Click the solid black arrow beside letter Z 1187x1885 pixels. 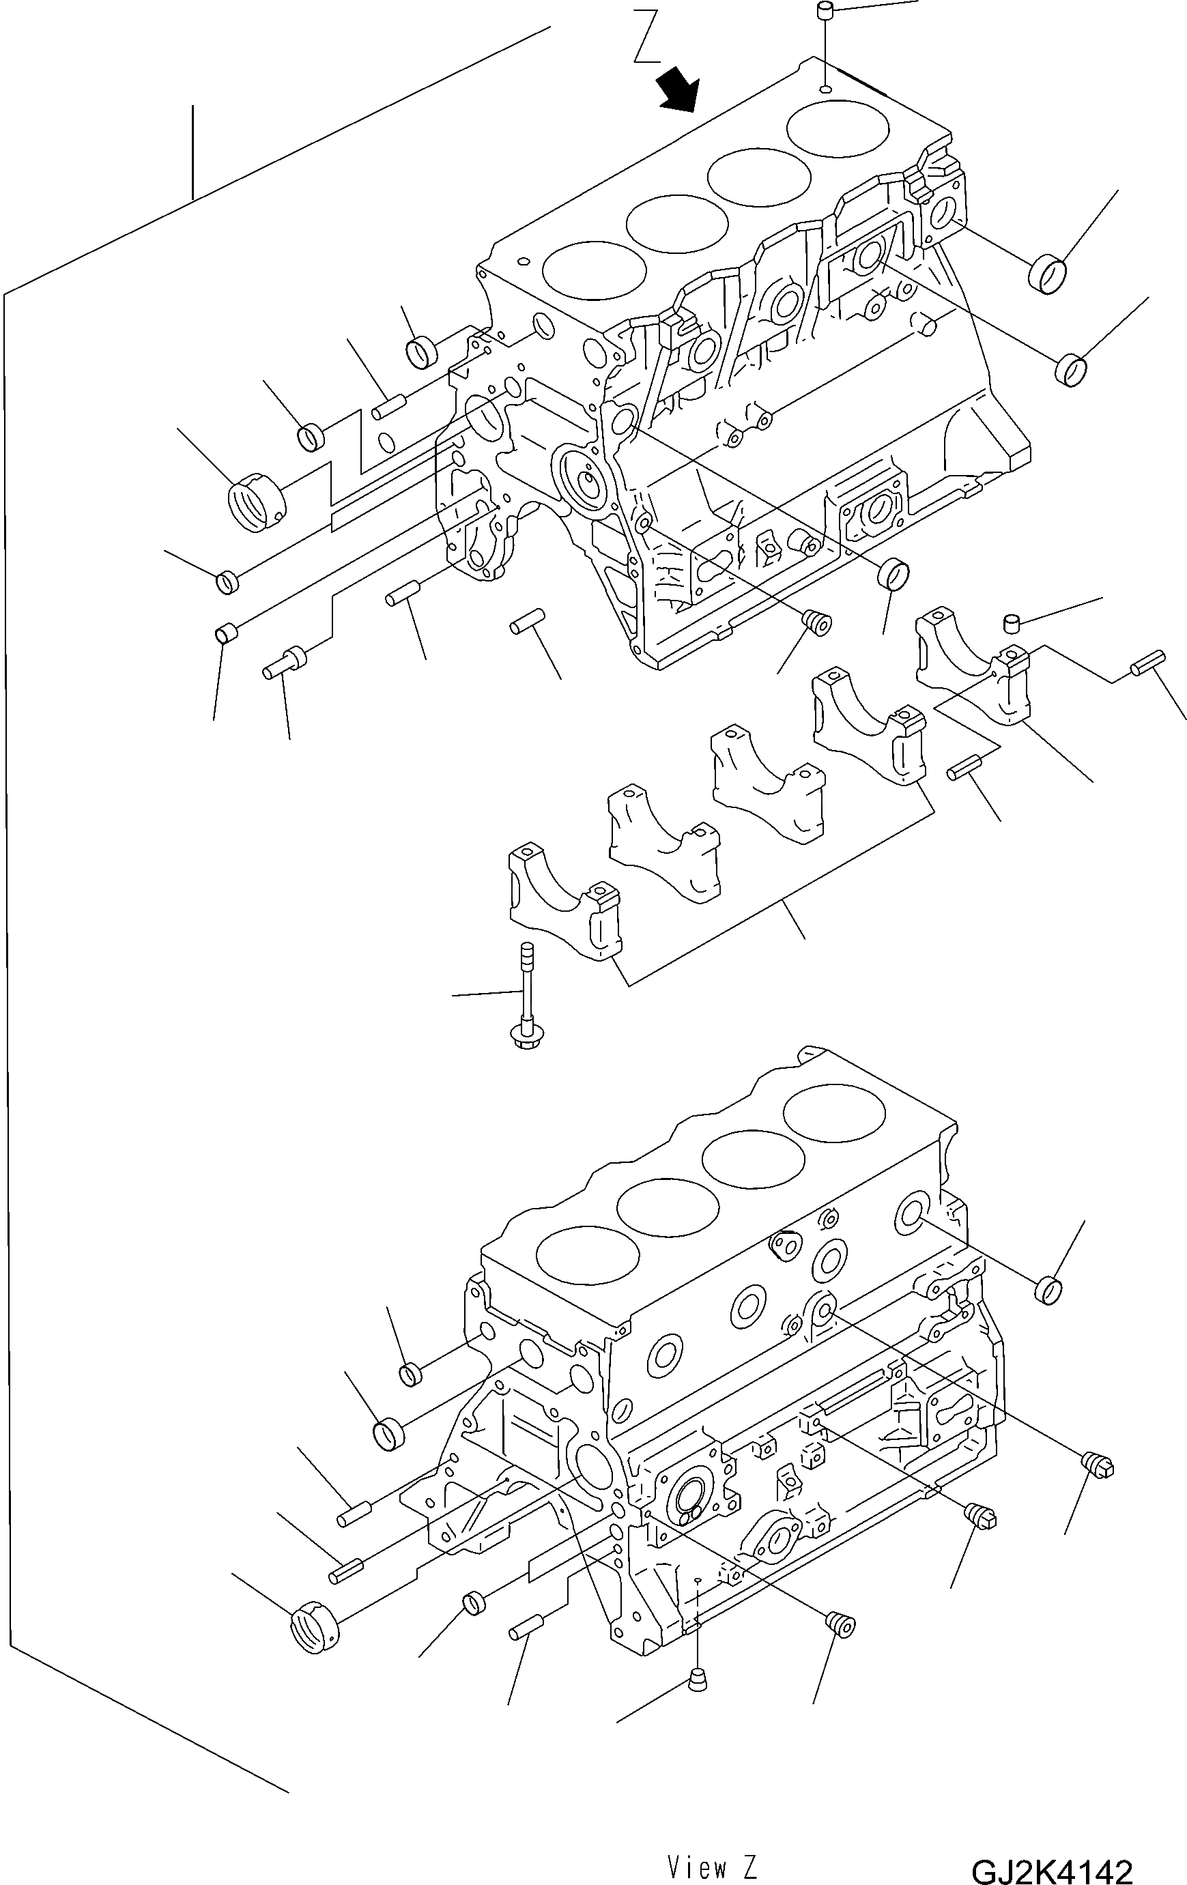(x=676, y=89)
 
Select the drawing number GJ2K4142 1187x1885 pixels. (x=1052, y=1866)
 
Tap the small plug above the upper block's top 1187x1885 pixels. (x=825, y=12)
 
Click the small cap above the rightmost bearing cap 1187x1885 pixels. (x=1014, y=623)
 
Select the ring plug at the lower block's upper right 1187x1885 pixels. (x=1048, y=1290)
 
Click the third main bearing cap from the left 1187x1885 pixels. (x=767, y=783)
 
